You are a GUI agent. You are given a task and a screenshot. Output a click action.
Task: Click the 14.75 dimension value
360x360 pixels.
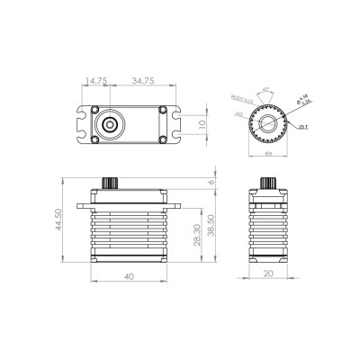96,80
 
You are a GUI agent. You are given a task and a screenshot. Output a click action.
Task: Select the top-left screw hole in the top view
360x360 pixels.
94,111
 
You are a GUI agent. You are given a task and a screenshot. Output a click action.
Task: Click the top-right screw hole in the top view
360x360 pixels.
162,111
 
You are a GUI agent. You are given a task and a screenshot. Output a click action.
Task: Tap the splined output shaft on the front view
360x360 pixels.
112,184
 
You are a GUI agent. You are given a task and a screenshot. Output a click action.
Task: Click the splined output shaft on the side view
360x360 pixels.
267,184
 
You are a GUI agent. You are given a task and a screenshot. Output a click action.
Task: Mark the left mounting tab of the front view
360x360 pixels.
83,206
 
